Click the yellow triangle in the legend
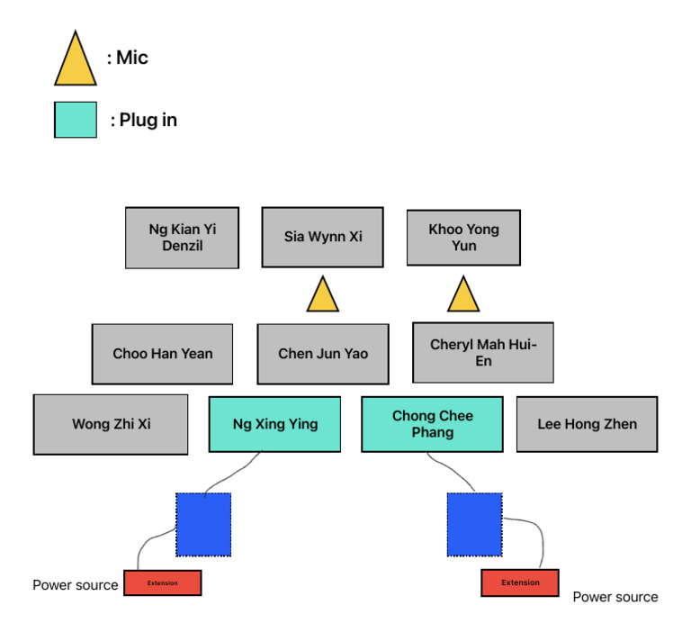coord(76,63)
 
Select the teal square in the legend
coord(76,120)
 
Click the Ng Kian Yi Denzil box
coord(182,238)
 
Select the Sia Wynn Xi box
coord(322,238)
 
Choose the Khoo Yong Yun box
coord(463,238)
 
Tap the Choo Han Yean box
coord(162,354)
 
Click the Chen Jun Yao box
coord(322,354)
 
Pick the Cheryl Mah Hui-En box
coord(482,353)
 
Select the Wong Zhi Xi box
coord(111,424)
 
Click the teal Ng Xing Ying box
coord(274,424)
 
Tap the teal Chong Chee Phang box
coord(432,424)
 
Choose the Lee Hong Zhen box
coord(587,424)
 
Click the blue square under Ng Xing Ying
coord(203,524)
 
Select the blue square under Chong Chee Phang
coord(474,524)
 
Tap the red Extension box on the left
coord(162,582)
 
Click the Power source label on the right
coord(615,597)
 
